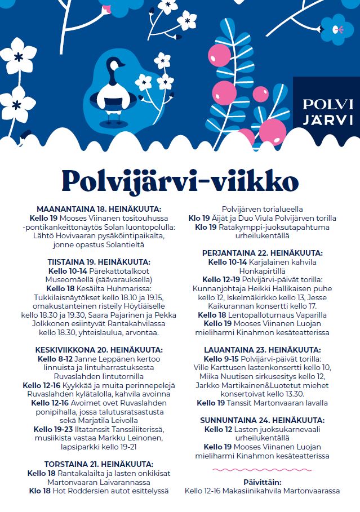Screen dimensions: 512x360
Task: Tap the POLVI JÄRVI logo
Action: point(328,112)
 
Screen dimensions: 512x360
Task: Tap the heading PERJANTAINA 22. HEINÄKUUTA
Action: point(263,253)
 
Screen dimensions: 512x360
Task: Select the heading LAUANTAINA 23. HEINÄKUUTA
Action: point(263,350)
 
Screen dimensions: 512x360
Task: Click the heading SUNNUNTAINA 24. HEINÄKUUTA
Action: point(263,420)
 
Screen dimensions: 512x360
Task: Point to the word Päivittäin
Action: point(262,482)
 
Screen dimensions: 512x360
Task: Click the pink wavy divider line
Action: point(262,469)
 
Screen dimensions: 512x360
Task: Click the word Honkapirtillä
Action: point(263,270)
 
